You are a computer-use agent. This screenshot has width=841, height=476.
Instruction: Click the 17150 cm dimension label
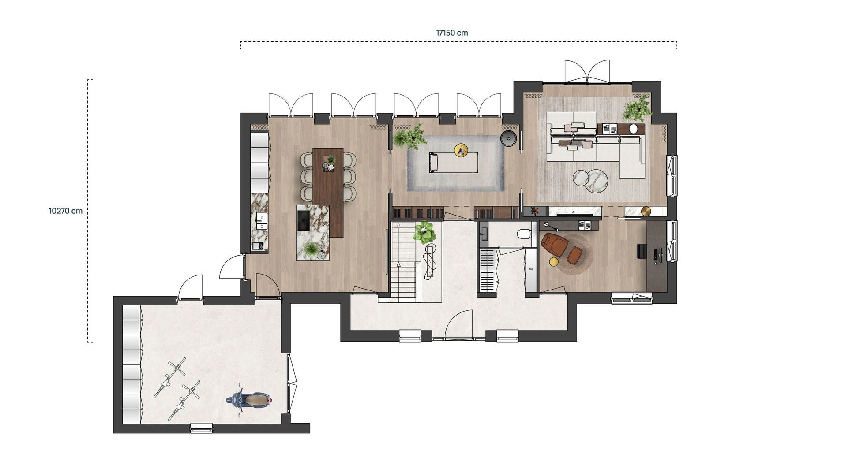click(x=452, y=33)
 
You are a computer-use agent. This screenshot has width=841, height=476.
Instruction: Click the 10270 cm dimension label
click(x=65, y=211)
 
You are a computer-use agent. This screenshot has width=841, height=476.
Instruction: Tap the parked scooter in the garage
click(x=249, y=400)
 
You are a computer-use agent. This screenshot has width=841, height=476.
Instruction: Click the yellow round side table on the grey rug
click(x=461, y=150)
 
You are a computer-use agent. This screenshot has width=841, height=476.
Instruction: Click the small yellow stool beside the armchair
click(x=553, y=262)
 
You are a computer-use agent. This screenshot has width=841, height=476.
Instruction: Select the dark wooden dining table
click(x=328, y=191)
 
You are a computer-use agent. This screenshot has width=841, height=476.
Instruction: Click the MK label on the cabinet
click(x=531, y=269)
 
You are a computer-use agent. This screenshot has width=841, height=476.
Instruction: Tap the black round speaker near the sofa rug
click(x=508, y=138)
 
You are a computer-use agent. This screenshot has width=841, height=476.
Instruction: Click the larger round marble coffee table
click(x=596, y=181)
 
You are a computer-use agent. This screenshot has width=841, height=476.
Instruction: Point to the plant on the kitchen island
click(x=312, y=249)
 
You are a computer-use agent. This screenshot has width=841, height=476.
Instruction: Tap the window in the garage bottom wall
click(x=202, y=427)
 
